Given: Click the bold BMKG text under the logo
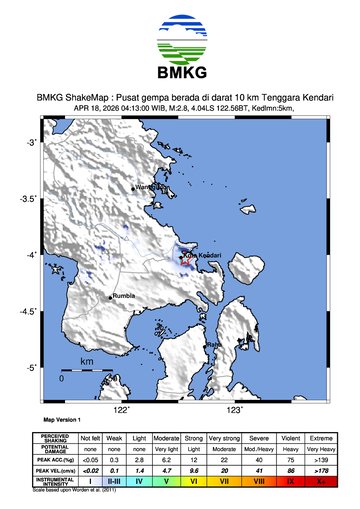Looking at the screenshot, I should pos(180,72).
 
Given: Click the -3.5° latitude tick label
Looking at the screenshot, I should pos(30,199).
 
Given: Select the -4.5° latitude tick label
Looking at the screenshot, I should pos(30,312).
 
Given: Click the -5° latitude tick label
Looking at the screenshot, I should pos(32,368).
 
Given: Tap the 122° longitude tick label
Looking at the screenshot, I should pos(122,409).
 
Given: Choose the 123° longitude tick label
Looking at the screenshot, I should pos(235,409).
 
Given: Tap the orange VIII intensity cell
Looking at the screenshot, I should pos(260,481).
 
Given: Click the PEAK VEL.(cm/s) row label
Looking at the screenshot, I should pos(56,469).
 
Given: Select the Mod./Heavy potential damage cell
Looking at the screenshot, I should pos(260,448).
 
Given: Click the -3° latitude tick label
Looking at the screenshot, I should pos(32,143).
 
